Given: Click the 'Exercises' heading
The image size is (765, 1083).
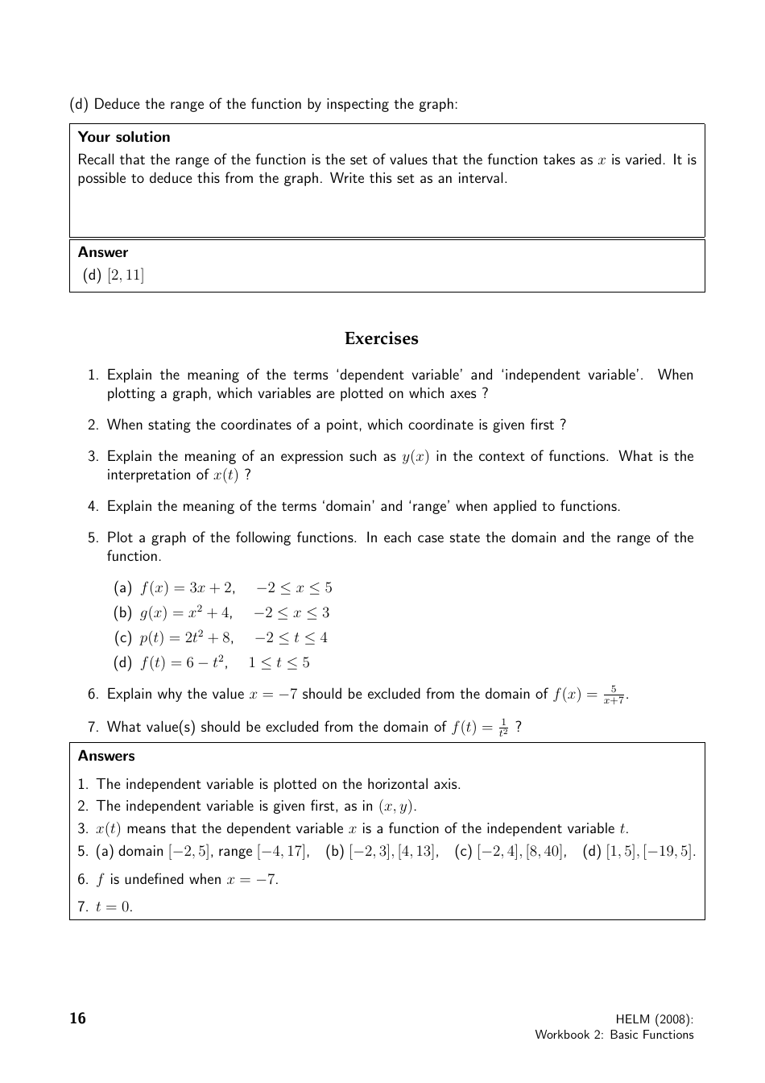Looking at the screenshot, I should click(381, 338).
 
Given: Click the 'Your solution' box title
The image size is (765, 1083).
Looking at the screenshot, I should click(124, 137).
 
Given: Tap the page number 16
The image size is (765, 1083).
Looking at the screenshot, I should click(77, 1019).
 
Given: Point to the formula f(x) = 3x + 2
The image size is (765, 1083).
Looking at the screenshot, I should click(187, 587).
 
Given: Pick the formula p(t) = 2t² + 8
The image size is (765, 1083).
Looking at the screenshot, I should click(187, 637).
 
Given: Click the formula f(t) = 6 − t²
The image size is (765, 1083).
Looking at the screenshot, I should click(184, 662).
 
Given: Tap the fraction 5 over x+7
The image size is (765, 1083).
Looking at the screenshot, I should click(614, 695).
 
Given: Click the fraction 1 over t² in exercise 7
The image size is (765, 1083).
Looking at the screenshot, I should click(503, 727).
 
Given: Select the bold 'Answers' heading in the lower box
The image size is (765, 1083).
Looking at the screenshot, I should click(106, 756).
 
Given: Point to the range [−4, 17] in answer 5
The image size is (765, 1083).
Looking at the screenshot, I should click(283, 851).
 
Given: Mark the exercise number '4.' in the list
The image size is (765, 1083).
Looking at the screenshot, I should click(93, 506).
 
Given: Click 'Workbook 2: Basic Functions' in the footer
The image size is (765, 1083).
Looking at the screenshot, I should click(614, 1035).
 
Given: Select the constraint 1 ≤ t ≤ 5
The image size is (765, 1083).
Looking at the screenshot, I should click(279, 662).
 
